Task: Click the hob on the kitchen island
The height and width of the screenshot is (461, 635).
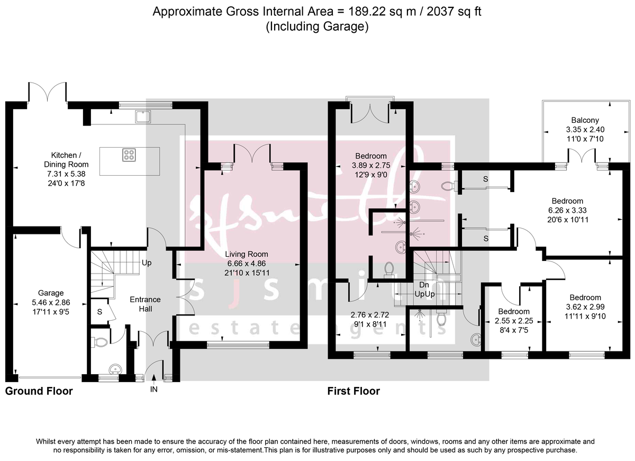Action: click(x=129, y=155)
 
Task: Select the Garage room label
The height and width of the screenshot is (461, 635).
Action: click(x=51, y=293)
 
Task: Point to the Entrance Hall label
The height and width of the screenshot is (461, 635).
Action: click(x=145, y=304)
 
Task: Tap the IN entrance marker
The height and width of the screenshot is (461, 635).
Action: click(x=154, y=389)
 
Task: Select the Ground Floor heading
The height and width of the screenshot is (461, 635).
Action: click(x=39, y=392)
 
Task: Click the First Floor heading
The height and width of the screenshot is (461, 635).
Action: click(x=353, y=392)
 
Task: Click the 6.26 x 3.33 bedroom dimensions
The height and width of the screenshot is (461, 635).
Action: click(x=567, y=210)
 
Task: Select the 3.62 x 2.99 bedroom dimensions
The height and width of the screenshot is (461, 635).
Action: click(x=585, y=306)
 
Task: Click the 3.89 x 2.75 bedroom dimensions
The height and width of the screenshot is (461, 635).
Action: click(x=370, y=165)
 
